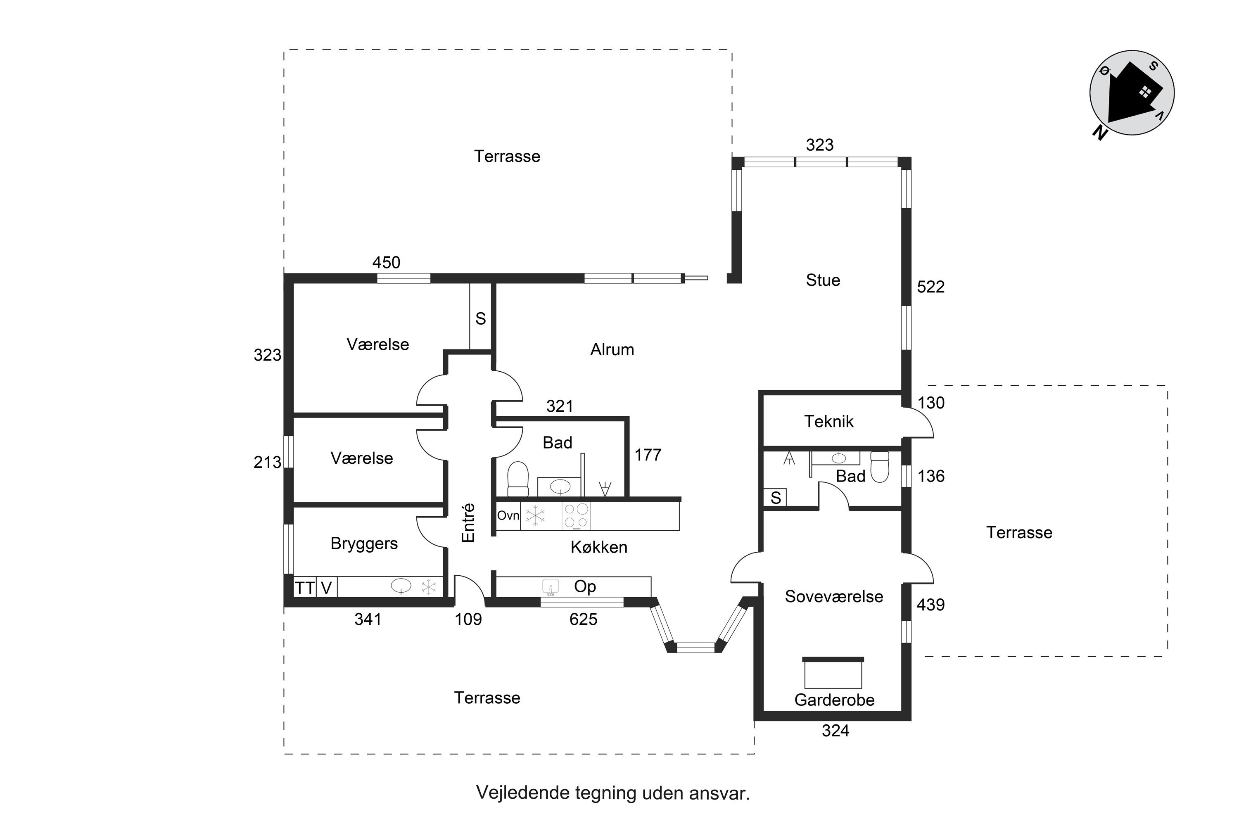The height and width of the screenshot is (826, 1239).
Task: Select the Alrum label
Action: [x=612, y=350]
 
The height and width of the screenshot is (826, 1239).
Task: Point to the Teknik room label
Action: [x=828, y=421]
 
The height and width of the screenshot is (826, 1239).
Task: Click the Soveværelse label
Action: [x=834, y=596]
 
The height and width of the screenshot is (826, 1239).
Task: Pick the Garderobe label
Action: [x=834, y=700]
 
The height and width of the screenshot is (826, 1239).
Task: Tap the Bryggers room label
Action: [x=364, y=544]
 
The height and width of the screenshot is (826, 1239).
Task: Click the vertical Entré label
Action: [x=468, y=522]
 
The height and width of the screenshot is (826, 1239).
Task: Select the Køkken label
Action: [x=599, y=547]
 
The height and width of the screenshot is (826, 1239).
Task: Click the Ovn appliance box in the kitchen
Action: [x=508, y=515]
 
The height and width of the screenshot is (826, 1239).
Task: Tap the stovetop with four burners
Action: [x=576, y=516]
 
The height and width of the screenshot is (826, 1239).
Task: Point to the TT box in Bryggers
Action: [x=304, y=587]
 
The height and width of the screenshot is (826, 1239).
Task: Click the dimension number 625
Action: [x=583, y=619]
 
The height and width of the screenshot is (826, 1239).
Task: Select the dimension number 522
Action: [x=931, y=287]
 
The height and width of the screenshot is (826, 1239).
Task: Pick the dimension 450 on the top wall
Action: [x=386, y=262]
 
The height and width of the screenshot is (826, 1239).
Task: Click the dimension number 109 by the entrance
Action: [x=468, y=619]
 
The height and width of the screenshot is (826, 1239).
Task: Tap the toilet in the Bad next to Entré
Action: [x=518, y=479]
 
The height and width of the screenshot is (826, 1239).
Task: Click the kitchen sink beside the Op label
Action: [x=551, y=587]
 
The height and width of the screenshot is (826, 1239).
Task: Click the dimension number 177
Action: [x=648, y=455]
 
